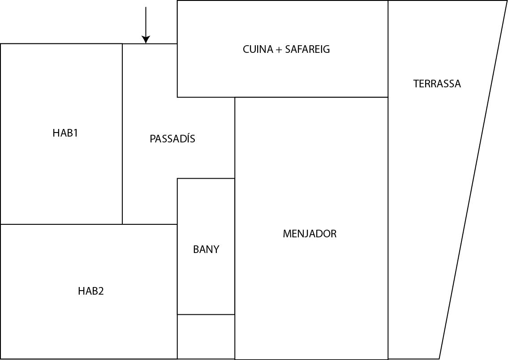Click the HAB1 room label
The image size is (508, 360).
click(65, 133)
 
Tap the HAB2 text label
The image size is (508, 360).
click(90, 291)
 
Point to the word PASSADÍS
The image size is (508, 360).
click(172, 139)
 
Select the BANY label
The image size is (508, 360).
click(206, 249)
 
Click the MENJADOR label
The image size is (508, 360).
click(310, 234)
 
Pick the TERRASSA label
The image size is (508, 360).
click(437, 84)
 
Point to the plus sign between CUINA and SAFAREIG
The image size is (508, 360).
click(279, 49)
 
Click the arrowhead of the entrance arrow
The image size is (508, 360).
click(146, 40)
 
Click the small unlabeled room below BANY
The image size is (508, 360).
click(206, 336)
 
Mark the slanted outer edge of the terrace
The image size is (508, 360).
click(473, 179)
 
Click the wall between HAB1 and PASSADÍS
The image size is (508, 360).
click(122, 134)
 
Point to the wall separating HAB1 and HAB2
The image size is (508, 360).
click(61, 224)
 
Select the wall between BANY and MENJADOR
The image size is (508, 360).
click(235, 246)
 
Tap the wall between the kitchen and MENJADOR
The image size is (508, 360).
click(311, 97)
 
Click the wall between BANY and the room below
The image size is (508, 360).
click(206, 314)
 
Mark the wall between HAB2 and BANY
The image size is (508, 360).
click(177, 269)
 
